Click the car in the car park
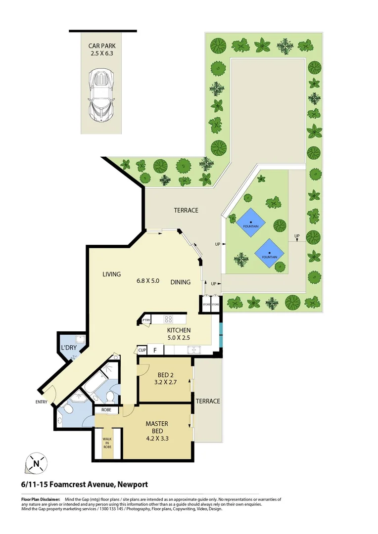pyautogui.click(x=100, y=94)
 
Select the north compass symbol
pyautogui.click(x=36, y=464)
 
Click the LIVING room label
pyautogui.click(x=112, y=274)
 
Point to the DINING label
pyautogui.click(x=181, y=282)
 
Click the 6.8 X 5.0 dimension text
pyautogui.click(x=148, y=281)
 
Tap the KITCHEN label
pyautogui.click(x=179, y=330)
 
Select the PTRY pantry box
pyautogui.click(x=146, y=320)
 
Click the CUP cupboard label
pyautogui.click(x=142, y=351)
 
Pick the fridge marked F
pyautogui.click(x=155, y=351)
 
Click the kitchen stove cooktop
pyautogui.click(x=168, y=319)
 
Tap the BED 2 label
pyautogui.click(x=165, y=375)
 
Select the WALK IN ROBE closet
pyautogui.click(x=107, y=442)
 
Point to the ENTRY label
pyautogui.click(x=41, y=402)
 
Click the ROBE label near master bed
pyautogui.click(x=106, y=410)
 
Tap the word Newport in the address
pyautogui.click(x=132, y=485)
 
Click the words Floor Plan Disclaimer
pyautogui.click(x=41, y=500)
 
